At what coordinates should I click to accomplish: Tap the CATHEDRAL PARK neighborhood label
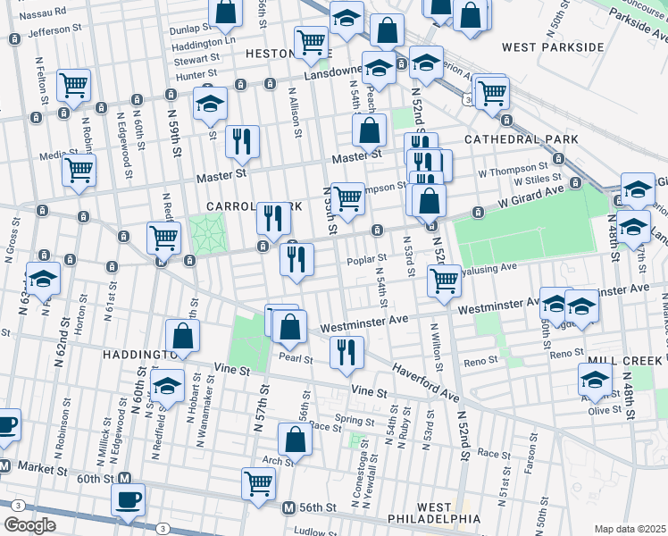[x=521, y=139]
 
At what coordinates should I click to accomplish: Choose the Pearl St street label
[x=294, y=359]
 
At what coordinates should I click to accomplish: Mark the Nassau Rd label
[x=43, y=13]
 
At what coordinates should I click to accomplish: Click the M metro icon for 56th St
[x=288, y=507]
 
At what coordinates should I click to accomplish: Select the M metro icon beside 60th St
[x=126, y=478]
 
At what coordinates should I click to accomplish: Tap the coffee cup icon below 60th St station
[x=128, y=498]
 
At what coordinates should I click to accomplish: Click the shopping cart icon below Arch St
[x=258, y=482]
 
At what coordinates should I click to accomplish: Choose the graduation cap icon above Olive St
[x=595, y=378]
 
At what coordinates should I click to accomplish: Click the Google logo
[x=30, y=525]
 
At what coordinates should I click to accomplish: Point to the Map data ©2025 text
[x=630, y=529]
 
